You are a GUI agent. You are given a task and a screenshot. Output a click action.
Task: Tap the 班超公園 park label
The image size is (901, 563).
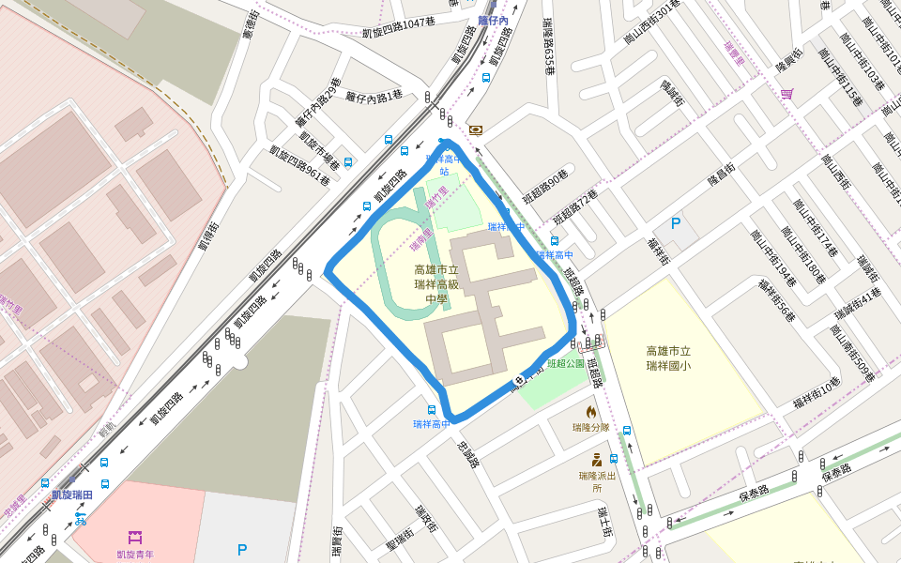click(566, 364)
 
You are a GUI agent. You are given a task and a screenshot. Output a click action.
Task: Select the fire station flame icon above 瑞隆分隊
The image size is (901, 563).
click(591, 411)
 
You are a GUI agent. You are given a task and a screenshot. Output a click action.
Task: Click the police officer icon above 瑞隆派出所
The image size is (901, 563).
click(597, 460)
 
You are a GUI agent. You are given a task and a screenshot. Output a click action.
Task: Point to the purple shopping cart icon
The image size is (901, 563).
click(786, 93)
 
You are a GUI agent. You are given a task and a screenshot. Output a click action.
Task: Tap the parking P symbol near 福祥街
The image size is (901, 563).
click(676, 224)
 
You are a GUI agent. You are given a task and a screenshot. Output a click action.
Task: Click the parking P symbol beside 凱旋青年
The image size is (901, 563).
click(242, 550)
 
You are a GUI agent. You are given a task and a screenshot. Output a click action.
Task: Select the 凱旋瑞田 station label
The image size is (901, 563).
click(72, 495)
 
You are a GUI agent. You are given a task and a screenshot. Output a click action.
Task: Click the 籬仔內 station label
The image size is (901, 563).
click(493, 20)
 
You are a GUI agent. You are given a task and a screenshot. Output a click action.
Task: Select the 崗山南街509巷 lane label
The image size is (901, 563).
click(852, 352)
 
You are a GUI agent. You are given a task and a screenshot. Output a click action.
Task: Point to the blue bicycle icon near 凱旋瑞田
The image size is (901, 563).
click(81, 518)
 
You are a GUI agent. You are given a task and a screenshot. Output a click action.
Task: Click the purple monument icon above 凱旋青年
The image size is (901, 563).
click(135, 537)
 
